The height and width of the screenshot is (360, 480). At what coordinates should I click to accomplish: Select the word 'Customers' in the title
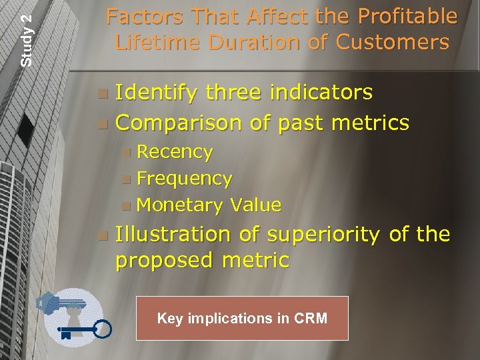coord(393,42)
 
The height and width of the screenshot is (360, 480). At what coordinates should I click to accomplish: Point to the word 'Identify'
coord(155,93)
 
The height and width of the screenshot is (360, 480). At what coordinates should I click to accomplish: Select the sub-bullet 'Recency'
coord(175,153)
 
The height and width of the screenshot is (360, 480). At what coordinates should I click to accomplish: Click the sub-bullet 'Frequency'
coord(184,179)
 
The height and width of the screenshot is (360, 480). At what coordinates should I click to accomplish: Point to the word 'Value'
coord(256,204)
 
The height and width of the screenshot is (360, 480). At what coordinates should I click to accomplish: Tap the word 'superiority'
coord(323,235)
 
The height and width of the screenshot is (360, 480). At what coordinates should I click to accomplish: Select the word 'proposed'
coord(161,260)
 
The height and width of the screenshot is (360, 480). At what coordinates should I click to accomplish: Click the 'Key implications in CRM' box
coord(242,318)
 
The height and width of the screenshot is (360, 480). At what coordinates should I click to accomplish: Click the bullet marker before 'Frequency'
coord(127,179)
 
